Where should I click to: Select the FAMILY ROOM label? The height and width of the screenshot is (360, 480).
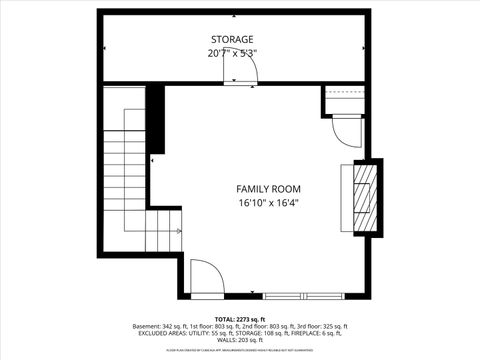click(x=268, y=188)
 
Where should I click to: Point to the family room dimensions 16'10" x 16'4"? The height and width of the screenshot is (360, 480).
click(x=268, y=202)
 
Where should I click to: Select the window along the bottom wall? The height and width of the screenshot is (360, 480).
click(x=306, y=295)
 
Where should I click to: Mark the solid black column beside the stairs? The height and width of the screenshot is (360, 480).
click(x=155, y=117)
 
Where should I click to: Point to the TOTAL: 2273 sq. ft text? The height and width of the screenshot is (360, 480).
click(x=240, y=317)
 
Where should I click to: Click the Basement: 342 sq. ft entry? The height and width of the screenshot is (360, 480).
click(x=163, y=326)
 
